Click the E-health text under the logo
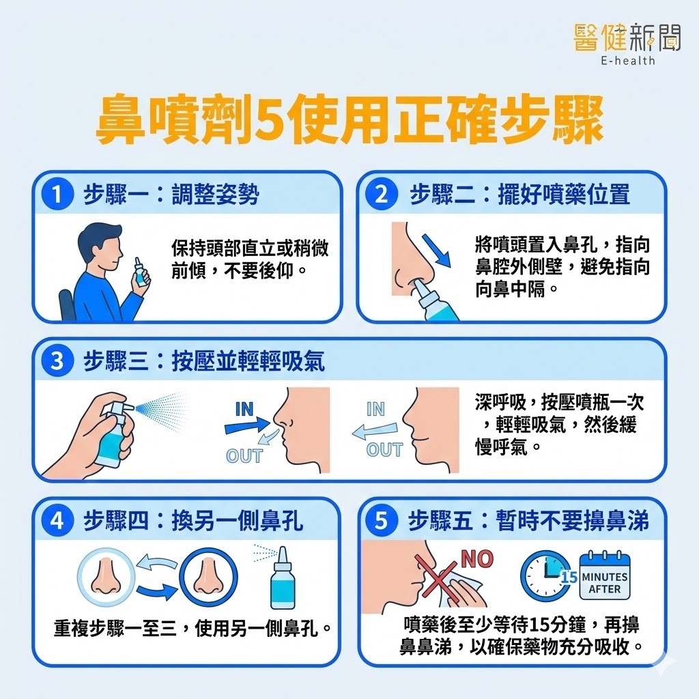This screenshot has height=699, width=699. tap(628, 60)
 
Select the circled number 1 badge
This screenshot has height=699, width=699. tap(57, 195)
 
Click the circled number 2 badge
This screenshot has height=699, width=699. tap(382, 195)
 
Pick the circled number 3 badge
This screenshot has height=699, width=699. tap(57, 360)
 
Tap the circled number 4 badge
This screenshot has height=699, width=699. tap(57, 520)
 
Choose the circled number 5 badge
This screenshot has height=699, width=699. tap(382, 520)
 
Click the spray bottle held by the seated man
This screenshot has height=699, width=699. tap(140, 272)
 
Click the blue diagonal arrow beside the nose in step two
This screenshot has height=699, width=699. tap(436, 250)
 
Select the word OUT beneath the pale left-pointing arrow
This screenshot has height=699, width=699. tap(384, 449)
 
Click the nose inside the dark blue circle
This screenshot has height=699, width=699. tap(208, 577)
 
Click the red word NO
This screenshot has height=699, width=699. tap(477, 559)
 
